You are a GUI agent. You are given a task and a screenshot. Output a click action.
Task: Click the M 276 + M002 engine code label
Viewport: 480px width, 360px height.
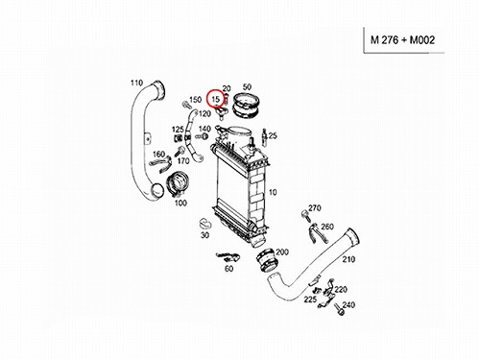(402, 40)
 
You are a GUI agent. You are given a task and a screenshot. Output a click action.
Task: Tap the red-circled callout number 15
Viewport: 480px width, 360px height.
(216, 99)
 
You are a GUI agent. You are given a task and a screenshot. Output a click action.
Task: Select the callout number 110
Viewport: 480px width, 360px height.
(136, 83)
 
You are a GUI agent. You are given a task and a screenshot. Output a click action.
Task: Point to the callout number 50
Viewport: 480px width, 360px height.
(247, 86)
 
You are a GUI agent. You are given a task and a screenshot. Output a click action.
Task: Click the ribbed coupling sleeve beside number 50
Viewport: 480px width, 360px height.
(246, 105)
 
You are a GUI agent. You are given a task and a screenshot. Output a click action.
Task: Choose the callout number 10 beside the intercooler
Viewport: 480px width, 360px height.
(273, 192)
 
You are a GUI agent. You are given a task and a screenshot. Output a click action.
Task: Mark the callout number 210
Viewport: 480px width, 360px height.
(348, 259)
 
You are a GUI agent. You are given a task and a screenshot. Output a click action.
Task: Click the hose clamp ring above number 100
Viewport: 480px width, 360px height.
(176, 184)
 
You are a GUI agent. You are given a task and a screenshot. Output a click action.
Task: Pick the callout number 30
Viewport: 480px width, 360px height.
(204, 235)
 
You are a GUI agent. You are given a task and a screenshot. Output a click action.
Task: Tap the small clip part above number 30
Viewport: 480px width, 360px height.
(204, 224)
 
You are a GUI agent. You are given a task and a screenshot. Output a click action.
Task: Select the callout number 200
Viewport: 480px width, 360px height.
(282, 252)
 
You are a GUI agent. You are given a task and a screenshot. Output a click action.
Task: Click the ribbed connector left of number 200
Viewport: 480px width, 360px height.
(267, 260)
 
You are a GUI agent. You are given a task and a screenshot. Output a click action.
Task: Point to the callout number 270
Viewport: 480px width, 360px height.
(315, 208)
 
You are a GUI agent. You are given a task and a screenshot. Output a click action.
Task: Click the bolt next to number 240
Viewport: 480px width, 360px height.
(339, 309)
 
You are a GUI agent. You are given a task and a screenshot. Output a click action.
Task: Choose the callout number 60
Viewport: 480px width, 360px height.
(228, 269)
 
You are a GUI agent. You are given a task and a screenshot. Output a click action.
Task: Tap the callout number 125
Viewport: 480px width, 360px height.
(178, 130)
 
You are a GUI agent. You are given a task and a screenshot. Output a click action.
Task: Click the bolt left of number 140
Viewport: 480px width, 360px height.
(202, 136)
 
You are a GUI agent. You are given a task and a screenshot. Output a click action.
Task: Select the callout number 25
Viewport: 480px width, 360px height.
(273, 135)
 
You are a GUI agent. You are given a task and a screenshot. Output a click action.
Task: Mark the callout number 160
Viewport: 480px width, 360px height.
(158, 154)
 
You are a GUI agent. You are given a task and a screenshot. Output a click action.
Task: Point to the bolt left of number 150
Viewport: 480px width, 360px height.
(186, 105)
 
